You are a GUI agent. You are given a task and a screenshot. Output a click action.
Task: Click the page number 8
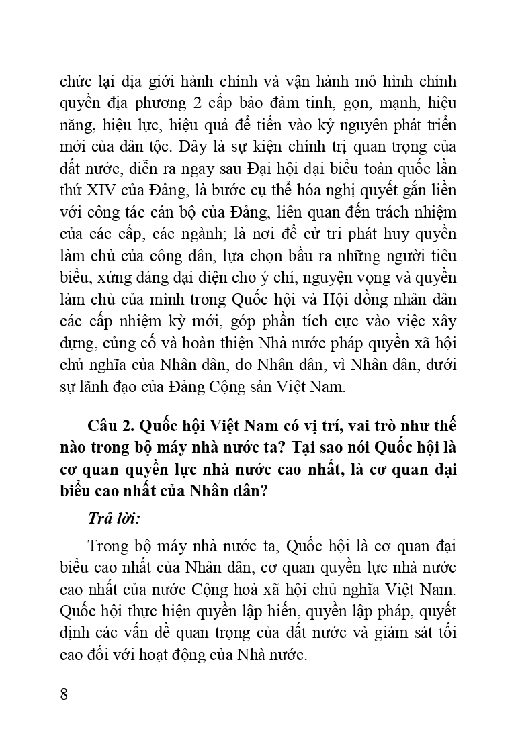(64, 694)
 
